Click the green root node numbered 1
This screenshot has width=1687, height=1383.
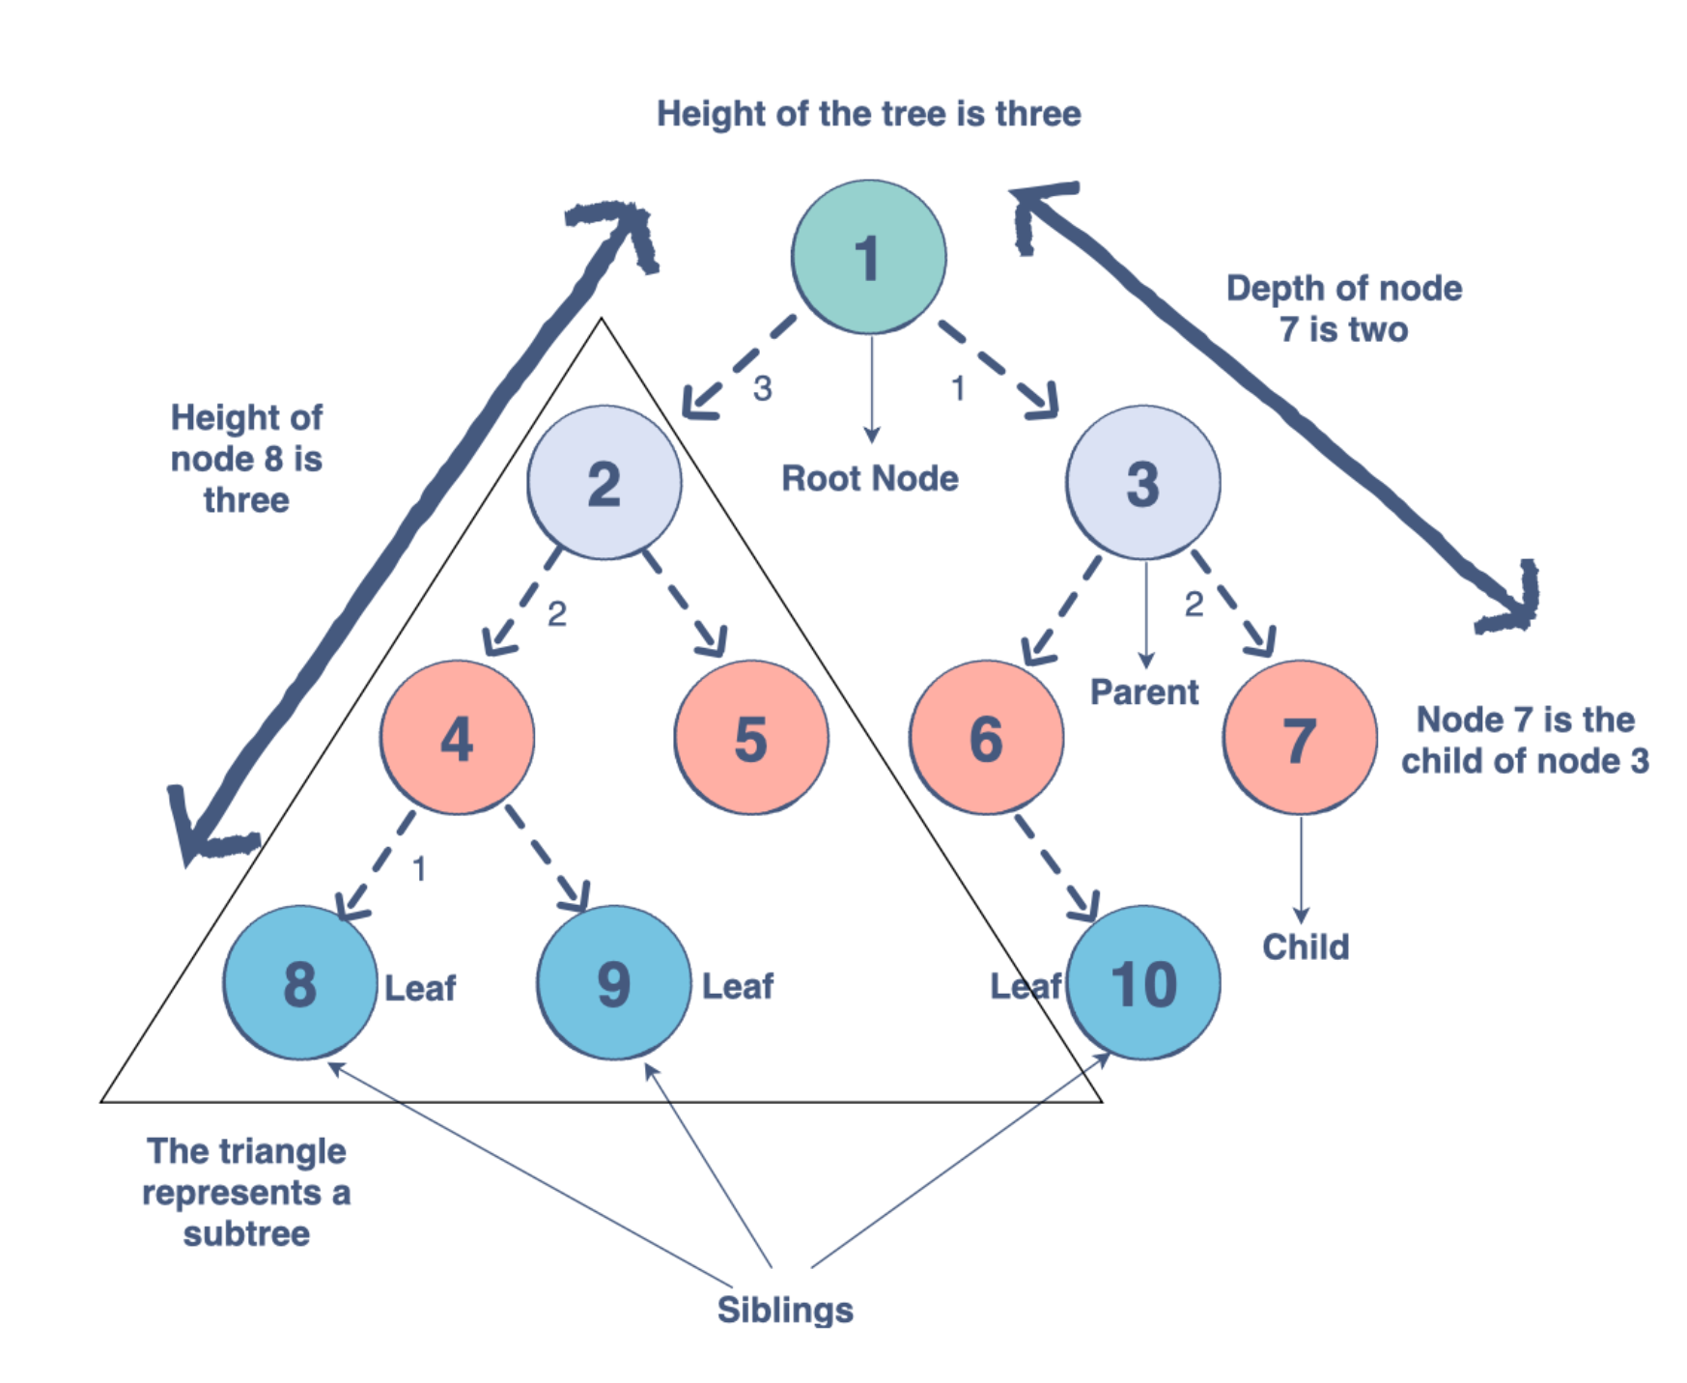(868, 257)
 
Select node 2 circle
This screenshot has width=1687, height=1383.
(604, 482)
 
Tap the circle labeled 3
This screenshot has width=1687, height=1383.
(1142, 482)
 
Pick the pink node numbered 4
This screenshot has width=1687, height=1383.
(457, 738)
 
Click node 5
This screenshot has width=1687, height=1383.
(750, 738)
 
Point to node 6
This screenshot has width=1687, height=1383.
(986, 738)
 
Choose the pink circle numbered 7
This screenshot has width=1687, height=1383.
(1300, 738)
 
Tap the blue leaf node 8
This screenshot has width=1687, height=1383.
(299, 982)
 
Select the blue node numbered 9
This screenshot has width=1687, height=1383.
(613, 982)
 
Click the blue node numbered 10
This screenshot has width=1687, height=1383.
(1143, 982)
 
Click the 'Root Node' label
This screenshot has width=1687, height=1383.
(869, 478)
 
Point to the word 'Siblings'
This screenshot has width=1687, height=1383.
(785, 1310)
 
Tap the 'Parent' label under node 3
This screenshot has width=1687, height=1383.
(1144, 691)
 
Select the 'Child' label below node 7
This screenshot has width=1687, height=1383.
(1306, 946)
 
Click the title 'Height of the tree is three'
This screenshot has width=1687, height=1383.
(868, 114)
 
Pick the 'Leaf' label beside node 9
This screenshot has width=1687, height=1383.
(738, 986)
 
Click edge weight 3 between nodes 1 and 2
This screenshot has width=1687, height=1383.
(763, 388)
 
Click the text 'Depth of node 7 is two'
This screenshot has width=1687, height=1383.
(1343, 309)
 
